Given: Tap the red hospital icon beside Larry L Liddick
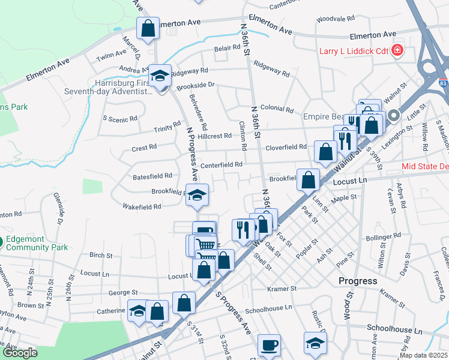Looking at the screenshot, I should point(397,50).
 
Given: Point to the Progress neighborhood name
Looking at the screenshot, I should point(358,281).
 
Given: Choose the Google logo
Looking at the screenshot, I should point(20,352).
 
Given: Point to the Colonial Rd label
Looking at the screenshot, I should point(277,110).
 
